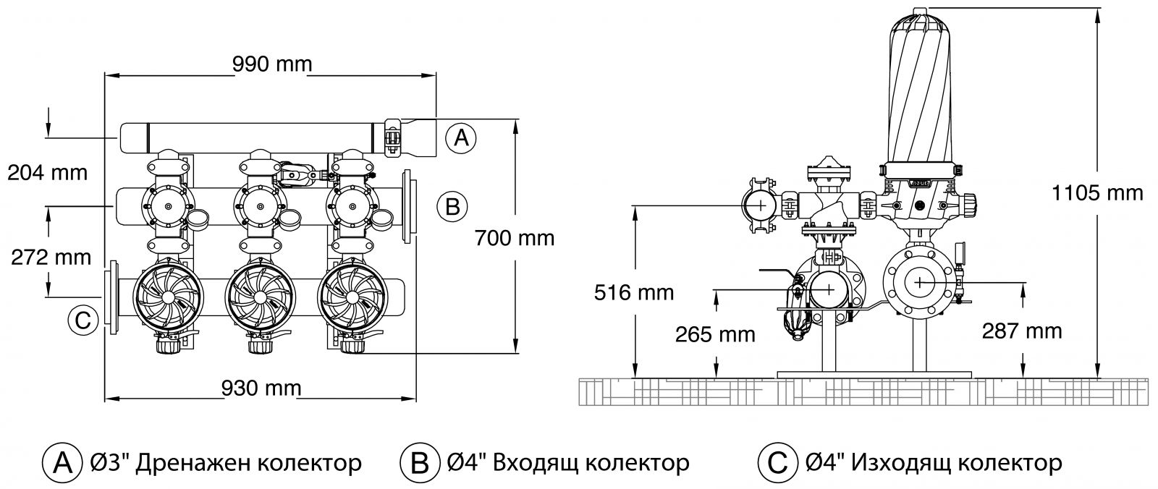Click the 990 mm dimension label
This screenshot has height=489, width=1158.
[272, 64]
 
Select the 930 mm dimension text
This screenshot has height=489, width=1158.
[261, 388]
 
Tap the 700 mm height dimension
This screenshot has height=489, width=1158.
[515, 237]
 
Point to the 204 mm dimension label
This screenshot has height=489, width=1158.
[47, 173]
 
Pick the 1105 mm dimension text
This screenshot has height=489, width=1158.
[1097, 193]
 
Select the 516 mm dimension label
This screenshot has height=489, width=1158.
[633, 292]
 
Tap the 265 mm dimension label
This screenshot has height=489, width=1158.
[714, 334]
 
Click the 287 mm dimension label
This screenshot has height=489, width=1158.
[1022, 331]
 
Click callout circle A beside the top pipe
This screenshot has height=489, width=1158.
[460, 137]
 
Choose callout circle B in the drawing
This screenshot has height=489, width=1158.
[452, 206]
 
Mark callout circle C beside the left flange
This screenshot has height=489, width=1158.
[83, 320]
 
